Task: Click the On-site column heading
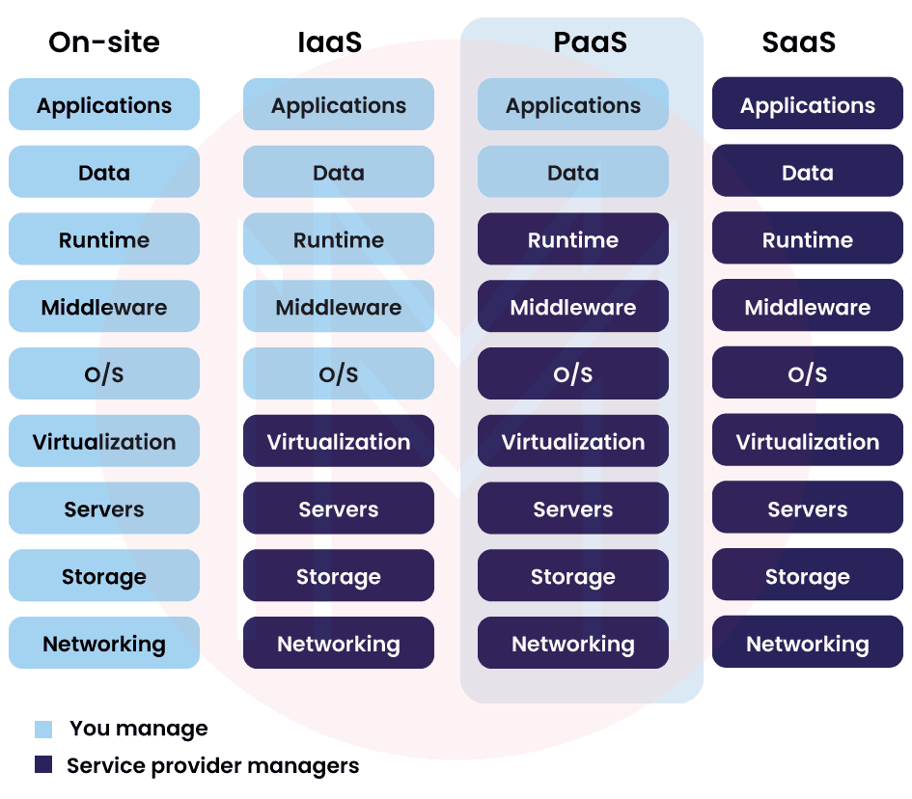tap(104, 42)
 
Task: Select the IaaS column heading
tap(330, 42)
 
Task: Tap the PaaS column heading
tap(590, 42)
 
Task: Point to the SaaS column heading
tap(798, 42)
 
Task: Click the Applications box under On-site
tap(104, 105)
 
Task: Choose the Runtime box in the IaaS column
tap(339, 239)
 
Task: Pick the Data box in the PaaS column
tap(573, 173)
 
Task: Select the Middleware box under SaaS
tap(808, 307)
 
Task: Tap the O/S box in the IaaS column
tap(339, 374)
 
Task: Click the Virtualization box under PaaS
tap(573, 442)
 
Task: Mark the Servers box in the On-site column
tap(104, 509)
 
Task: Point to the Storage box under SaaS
tap(808, 576)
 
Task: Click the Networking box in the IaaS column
tap(339, 644)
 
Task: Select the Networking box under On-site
tap(104, 644)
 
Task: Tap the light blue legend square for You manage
tap(43, 730)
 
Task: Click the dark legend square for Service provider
tap(43, 764)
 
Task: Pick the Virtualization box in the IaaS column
tap(339, 442)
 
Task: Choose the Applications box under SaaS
tap(808, 105)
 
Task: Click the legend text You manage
tap(138, 730)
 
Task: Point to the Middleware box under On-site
tap(104, 307)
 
